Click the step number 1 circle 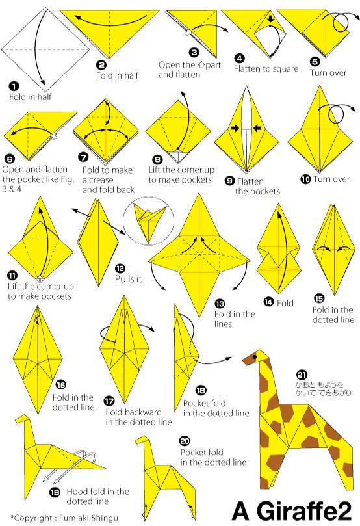tap(14, 87)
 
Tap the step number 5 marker tap(315, 62)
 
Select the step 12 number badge tap(120, 268)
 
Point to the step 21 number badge tap(302, 375)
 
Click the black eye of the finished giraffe tap(255, 357)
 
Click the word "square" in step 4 tap(284, 69)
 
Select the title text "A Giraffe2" tap(292, 511)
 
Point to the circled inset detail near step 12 tap(149, 220)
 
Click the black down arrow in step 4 tap(271, 19)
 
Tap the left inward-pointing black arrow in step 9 tap(235, 128)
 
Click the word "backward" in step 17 tap(142, 412)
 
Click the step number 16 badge tap(60, 384)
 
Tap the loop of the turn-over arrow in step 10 tap(336, 114)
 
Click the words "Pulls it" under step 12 tap(129, 278)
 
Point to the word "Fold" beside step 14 tap(285, 303)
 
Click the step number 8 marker tap(157, 160)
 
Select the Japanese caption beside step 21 tap(323, 388)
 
